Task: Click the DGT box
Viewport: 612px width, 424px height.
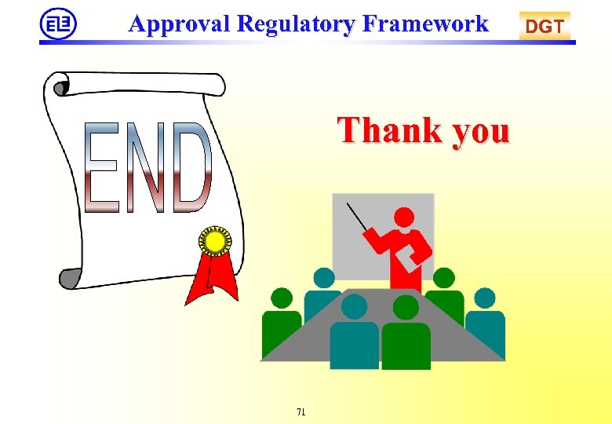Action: [545, 27]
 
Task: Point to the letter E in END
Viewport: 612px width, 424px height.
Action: [102, 167]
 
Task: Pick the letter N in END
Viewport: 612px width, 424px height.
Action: [146, 167]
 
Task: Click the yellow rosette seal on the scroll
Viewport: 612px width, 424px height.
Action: [213, 240]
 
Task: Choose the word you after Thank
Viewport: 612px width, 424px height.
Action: [479, 132]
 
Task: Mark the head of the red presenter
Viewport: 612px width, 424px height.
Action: [404, 217]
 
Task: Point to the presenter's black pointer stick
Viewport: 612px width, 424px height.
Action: [359, 217]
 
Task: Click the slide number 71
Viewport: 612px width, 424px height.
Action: [301, 411]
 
